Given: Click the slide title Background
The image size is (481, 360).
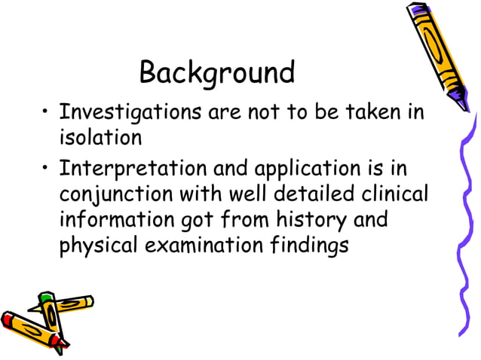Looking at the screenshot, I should [x=216, y=73].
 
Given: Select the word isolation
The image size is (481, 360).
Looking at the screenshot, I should [x=100, y=138].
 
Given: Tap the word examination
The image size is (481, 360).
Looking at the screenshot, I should [x=203, y=245].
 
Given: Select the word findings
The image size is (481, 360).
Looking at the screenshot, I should [x=308, y=245].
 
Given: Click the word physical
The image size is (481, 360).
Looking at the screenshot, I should [x=94, y=245].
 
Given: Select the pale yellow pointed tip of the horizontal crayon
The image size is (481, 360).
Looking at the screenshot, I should [x=90, y=301].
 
